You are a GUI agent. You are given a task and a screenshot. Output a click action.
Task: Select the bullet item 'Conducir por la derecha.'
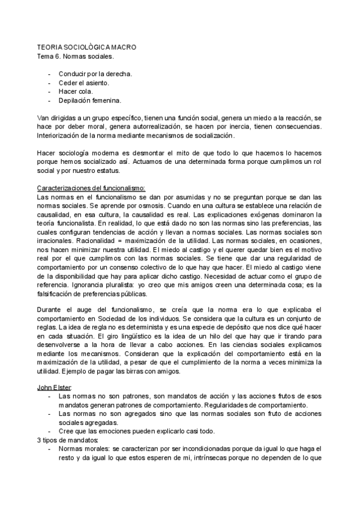(x=95, y=74)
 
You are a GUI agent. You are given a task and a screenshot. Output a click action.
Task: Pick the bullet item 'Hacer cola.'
(x=76, y=91)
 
